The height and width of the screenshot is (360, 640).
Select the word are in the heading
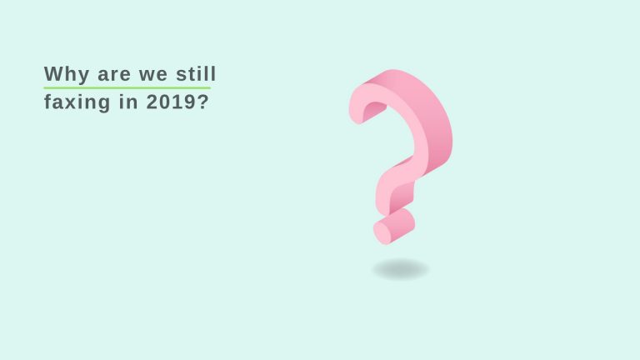pos(114,75)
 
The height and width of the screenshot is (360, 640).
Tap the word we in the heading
pos(153,75)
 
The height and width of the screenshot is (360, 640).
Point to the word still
pos(196,74)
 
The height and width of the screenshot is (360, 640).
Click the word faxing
pos(77,102)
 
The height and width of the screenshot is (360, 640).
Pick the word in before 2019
pos(128,102)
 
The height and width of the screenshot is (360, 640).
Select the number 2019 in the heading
pos(172,102)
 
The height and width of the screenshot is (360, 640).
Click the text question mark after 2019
pos(203,102)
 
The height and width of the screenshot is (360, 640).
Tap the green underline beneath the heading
pos(127,87)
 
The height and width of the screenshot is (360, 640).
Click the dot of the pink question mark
pos(394,227)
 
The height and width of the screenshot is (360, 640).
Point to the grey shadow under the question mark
pos(400,270)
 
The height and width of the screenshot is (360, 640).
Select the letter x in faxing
pos(71,102)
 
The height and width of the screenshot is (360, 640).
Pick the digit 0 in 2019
pos(165,102)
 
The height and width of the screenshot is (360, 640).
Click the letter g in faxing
pos(104,104)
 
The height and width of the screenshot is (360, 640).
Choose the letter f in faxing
pos(48,101)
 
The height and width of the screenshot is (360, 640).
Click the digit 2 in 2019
pos(152,102)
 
